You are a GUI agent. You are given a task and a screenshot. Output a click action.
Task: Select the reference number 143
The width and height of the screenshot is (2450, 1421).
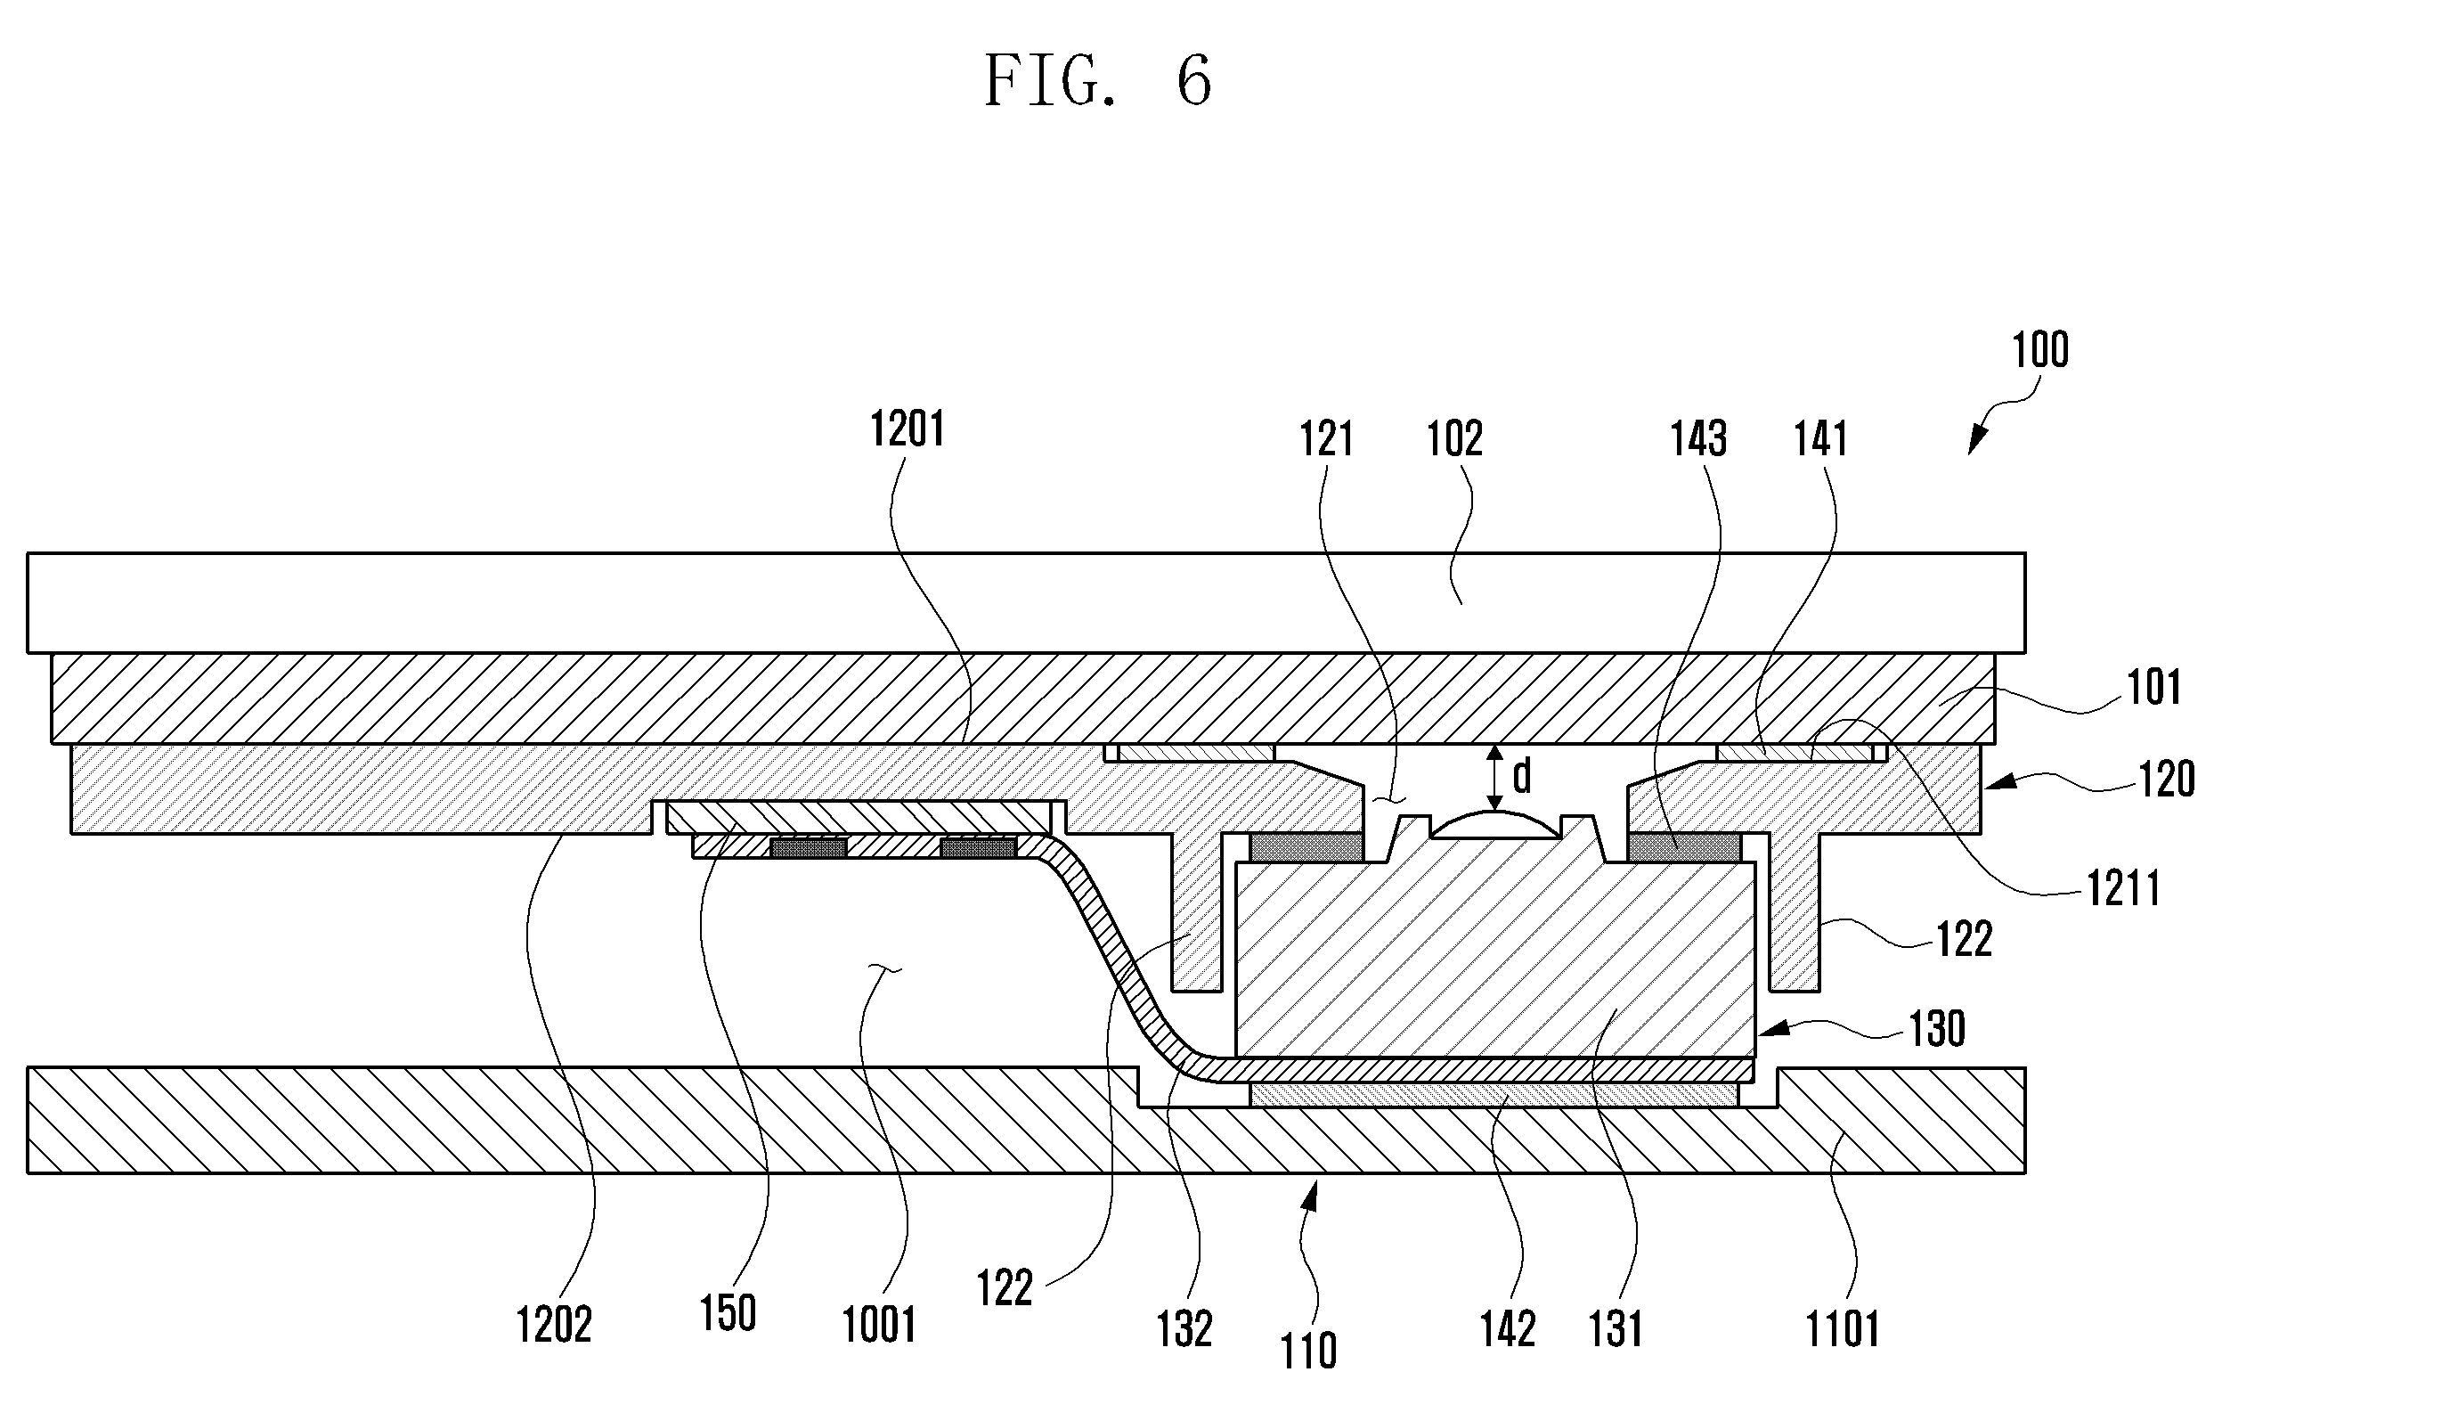(x=1698, y=439)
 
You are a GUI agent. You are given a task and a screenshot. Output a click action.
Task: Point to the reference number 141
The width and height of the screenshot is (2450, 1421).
(x=1820, y=439)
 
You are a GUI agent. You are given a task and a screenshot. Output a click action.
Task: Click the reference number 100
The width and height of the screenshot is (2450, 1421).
(x=2039, y=350)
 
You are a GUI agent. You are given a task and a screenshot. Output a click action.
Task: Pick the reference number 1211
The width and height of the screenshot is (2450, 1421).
(x=2124, y=889)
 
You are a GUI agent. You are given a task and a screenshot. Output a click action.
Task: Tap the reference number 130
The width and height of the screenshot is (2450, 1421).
(x=1938, y=1028)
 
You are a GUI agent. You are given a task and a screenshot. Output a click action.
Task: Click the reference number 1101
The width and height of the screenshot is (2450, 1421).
(x=1843, y=1329)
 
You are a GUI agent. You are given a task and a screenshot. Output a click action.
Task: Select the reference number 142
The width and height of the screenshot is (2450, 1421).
(x=1508, y=1329)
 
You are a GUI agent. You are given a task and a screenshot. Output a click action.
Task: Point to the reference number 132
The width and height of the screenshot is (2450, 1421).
(x=1184, y=1329)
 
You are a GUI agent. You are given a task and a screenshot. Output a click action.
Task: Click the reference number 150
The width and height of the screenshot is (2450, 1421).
(x=728, y=1314)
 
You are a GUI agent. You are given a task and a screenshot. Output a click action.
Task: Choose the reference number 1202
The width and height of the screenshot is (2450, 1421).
(x=553, y=1326)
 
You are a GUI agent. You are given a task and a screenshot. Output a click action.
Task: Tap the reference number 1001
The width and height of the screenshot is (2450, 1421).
(x=879, y=1326)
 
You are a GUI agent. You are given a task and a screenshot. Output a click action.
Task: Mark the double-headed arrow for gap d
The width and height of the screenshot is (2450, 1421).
(x=1495, y=778)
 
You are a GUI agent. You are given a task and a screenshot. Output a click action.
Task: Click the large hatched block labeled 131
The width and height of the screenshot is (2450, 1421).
(x=1495, y=958)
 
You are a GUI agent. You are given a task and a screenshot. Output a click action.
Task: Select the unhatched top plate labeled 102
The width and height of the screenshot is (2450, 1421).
(x=1026, y=603)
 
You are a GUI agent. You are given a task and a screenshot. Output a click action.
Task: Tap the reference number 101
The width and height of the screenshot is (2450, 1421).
(x=2154, y=688)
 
